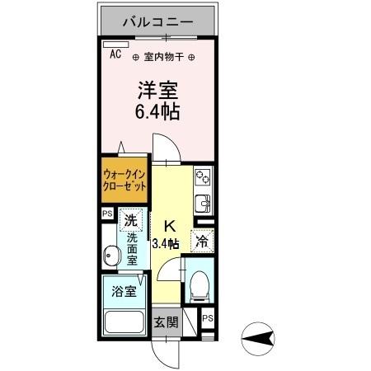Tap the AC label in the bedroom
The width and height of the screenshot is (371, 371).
pyautogui.click(x=115, y=54)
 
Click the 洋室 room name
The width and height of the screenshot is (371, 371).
pyautogui.click(x=157, y=90)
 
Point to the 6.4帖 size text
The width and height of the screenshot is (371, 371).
pyautogui.click(x=157, y=111)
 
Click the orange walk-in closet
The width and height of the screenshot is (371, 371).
pyautogui.click(x=125, y=180)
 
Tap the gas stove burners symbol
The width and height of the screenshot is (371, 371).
pyautogui.click(x=203, y=176)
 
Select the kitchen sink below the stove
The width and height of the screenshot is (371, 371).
pyautogui.click(x=203, y=202)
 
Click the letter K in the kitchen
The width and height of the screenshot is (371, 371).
pyautogui.click(x=171, y=226)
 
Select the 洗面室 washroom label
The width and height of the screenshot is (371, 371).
pyautogui.click(x=133, y=247)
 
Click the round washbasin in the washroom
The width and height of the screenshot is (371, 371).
pyautogui.click(x=110, y=254)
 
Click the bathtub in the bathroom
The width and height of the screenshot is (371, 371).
pyautogui.click(x=123, y=322)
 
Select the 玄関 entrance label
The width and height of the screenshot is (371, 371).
pyautogui.click(x=166, y=322)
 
